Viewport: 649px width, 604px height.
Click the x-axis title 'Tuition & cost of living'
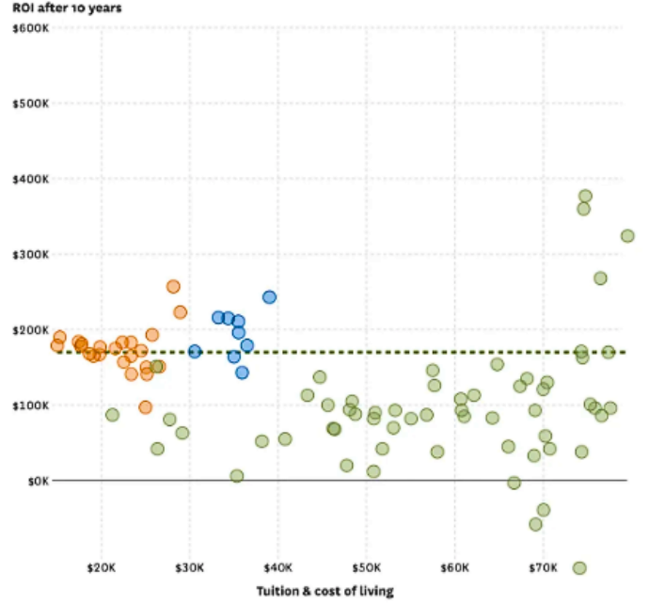324,591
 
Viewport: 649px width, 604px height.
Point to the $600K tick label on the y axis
31,28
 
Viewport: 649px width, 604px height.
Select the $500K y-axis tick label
31,103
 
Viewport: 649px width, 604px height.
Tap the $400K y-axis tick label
31,179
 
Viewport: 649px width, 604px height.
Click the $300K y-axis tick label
31,254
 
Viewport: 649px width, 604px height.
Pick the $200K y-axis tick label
31,329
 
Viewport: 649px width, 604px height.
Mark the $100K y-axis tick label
31,405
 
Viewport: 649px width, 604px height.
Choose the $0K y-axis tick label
37,481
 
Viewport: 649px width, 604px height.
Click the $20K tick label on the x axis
102,569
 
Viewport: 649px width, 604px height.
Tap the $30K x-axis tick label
190,569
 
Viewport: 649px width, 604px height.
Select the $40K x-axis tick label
278,569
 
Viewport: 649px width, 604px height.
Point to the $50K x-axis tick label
367,569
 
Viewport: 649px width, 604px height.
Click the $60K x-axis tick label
455,569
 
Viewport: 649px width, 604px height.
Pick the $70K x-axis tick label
544,569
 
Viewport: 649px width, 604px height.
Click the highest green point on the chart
585,197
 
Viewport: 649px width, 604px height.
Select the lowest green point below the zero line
579,567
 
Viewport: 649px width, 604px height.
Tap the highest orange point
173,287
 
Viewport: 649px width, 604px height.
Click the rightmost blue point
269,297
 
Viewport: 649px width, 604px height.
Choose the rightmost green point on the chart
627,236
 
